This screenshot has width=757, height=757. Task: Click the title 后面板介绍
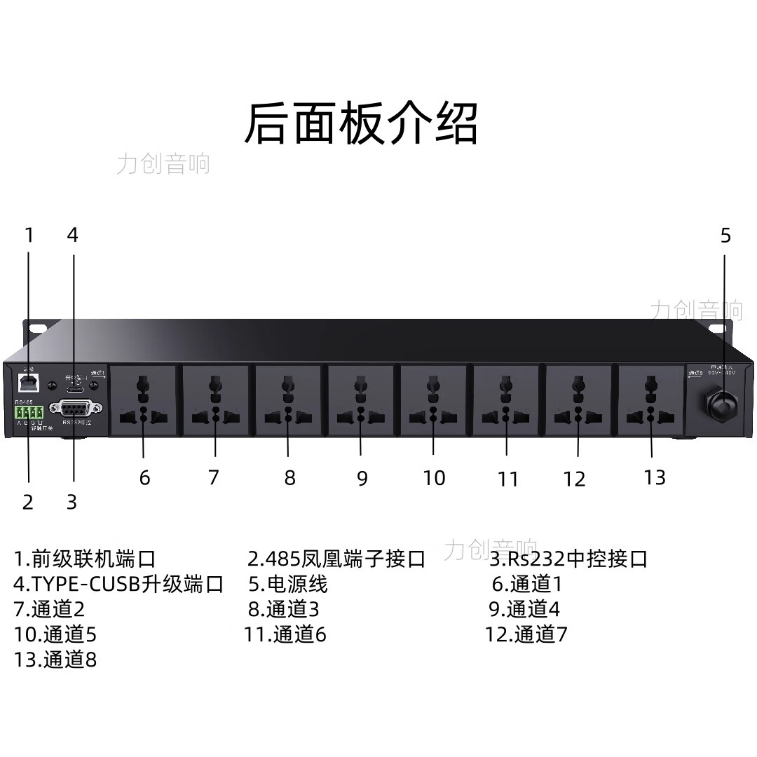[x=361, y=124]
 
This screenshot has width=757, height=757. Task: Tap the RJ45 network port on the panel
[x=29, y=381]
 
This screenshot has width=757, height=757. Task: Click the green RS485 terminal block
[x=29, y=412]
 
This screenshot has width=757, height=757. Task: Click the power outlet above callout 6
[x=143, y=400]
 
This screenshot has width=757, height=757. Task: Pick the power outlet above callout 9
[x=360, y=400]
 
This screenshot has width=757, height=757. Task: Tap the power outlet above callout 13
[x=650, y=400]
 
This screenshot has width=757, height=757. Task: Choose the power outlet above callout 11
[x=505, y=400]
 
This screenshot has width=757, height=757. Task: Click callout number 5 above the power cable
[x=725, y=236]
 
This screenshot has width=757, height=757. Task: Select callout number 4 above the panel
[x=73, y=236]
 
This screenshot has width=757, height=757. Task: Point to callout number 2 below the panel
[x=28, y=502]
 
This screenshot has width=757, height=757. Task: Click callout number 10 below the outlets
[x=434, y=478]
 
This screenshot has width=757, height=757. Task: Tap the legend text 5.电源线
[x=288, y=584]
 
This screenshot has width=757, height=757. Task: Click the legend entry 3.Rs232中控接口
[x=568, y=559]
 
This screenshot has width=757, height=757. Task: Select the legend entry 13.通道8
[x=55, y=660]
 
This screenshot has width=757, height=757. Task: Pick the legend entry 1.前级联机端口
[x=85, y=559]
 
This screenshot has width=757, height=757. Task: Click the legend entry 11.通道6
[x=285, y=635]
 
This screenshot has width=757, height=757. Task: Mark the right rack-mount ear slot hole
[x=717, y=328]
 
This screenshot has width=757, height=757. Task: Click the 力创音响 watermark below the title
[x=163, y=164]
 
